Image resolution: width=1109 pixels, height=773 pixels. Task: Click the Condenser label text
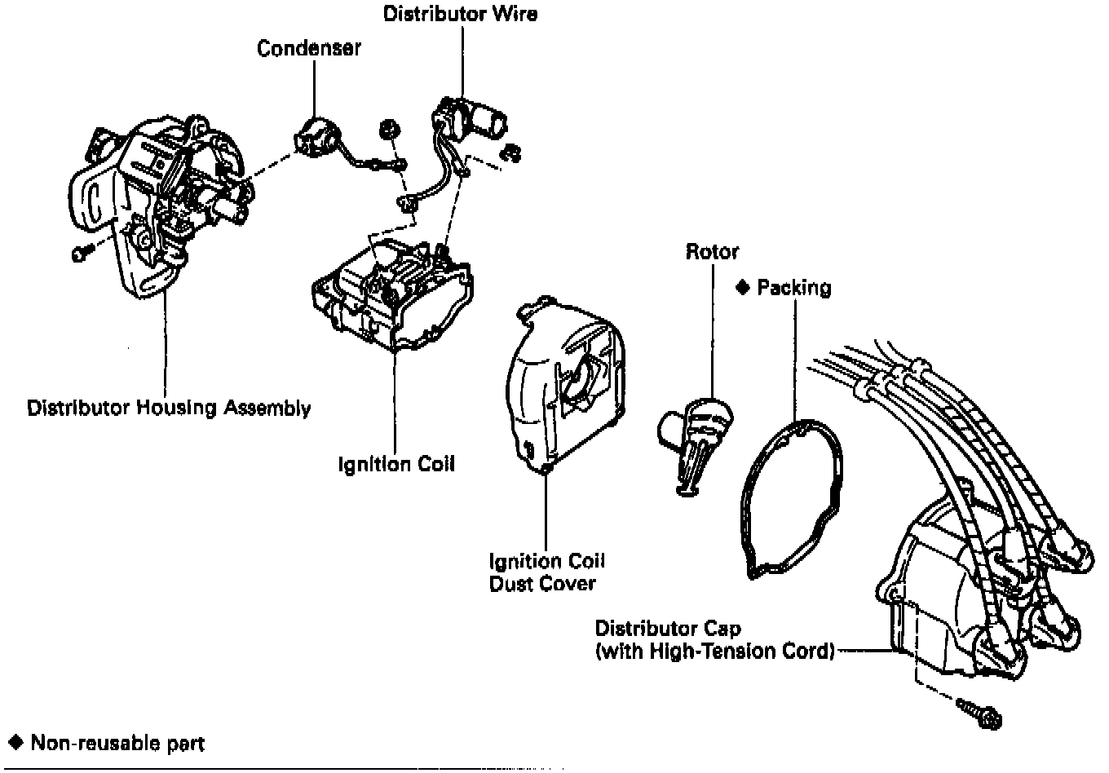point(308,48)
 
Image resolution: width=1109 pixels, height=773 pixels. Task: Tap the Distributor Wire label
point(460,14)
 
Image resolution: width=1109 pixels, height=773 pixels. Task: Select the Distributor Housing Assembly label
point(169,408)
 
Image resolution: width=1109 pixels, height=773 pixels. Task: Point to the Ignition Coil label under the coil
point(396,464)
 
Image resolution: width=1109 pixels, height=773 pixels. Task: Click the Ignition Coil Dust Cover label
point(546,572)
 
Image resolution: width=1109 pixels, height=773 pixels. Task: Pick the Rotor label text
point(711,251)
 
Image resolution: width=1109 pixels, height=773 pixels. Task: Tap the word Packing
point(793,288)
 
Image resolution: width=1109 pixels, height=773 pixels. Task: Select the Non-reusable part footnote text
point(117,743)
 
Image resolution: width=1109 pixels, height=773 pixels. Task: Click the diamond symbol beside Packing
point(742,287)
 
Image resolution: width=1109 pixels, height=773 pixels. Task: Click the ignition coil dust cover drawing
point(563,383)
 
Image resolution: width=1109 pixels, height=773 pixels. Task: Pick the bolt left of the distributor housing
point(79,254)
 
